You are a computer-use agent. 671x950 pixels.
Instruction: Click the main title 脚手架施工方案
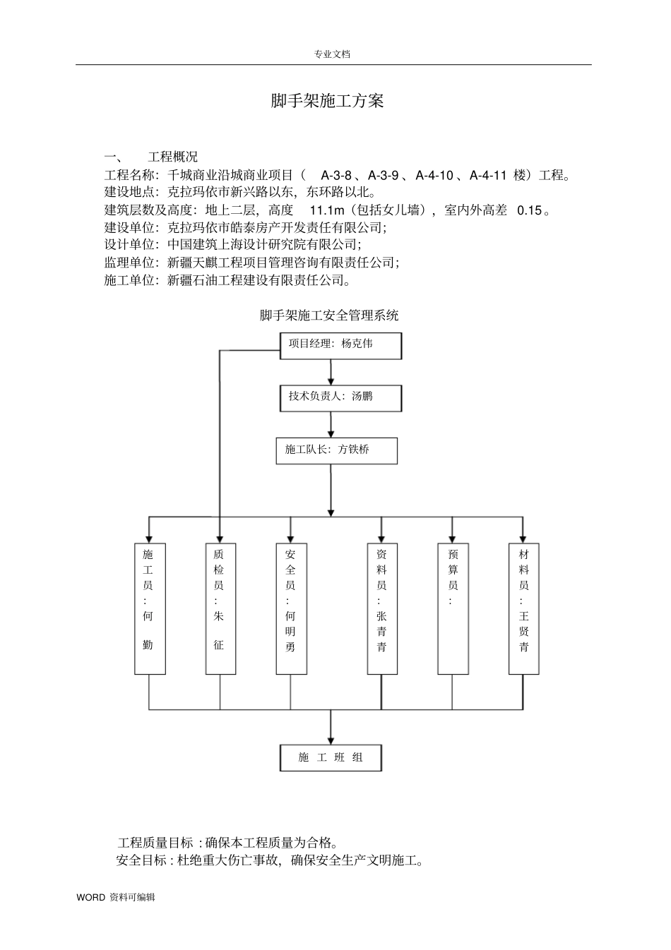(327, 101)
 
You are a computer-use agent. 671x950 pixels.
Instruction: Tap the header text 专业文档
(332, 54)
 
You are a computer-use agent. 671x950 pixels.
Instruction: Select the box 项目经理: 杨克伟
(340, 345)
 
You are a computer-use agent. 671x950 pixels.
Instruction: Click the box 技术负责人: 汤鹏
(340, 397)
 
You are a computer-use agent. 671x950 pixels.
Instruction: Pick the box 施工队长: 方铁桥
(336, 450)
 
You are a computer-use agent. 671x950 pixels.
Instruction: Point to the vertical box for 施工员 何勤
(149, 608)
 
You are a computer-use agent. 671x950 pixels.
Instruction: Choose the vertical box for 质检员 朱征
(220, 608)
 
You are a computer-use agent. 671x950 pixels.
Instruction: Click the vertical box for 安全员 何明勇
(291, 608)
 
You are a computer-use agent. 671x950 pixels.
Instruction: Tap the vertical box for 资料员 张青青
(382, 608)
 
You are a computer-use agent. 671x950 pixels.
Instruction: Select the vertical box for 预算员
(453, 608)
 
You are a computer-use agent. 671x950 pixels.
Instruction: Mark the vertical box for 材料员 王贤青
(523, 608)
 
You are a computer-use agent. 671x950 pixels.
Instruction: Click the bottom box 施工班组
(331, 757)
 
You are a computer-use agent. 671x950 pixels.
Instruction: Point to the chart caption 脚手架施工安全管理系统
(329, 315)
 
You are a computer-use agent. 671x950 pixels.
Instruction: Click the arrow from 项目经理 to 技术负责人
(331, 373)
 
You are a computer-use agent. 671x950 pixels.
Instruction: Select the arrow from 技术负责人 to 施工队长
(331, 425)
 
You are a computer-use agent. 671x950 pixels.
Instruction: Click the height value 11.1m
(326, 210)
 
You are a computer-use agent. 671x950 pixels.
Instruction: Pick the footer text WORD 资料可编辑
(116, 898)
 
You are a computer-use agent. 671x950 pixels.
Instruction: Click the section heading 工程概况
(172, 157)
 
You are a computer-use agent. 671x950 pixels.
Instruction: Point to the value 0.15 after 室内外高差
(530, 210)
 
